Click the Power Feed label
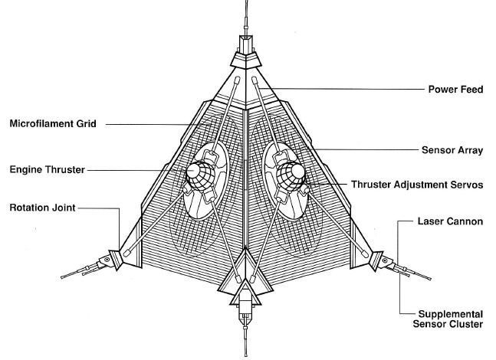(455, 90)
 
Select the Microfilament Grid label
(53, 123)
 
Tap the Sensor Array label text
(452, 150)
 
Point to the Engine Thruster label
(48, 170)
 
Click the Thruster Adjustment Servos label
(417, 185)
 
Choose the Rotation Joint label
(43, 208)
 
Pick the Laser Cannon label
(450, 221)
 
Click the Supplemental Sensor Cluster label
(448, 319)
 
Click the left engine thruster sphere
(200, 175)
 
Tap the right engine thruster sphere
(291, 176)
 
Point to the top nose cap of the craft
(246, 59)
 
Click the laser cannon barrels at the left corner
(83, 271)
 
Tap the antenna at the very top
(246, 18)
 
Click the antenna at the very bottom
(245, 342)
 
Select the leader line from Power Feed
(343, 89)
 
